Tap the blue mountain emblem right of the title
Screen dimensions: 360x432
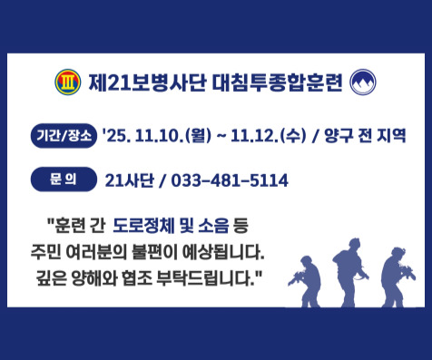coord(362,83)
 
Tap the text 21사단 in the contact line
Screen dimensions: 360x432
coord(128,180)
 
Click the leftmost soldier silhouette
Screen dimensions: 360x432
coord(303,281)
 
